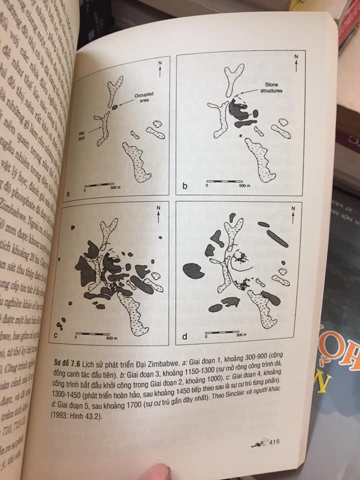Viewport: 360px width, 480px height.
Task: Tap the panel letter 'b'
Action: point(184,186)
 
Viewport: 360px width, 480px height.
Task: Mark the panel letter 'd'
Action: point(184,336)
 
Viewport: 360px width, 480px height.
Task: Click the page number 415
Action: point(273,441)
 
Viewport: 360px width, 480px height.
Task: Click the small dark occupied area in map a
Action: point(114,107)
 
